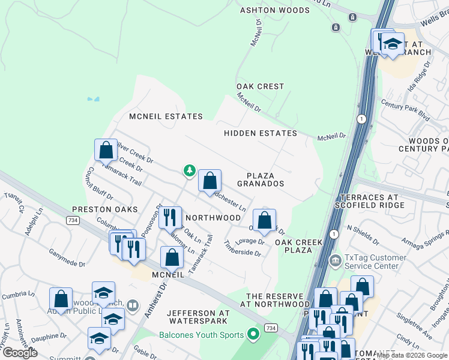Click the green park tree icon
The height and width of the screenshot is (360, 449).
[190, 172]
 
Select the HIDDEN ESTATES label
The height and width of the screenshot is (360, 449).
[261, 133]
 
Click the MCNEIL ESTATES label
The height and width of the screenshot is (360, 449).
[166, 116]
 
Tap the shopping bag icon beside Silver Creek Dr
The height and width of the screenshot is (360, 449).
[106, 151]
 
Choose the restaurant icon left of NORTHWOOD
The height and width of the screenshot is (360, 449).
[172, 218]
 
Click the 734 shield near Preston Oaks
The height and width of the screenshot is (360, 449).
[71, 221]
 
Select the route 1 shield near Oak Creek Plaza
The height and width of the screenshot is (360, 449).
[333, 233]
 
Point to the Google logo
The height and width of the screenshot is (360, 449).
[20, 353]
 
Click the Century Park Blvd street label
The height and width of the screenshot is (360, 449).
[405, 109]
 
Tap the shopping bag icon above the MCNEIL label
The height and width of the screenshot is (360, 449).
[172, 257]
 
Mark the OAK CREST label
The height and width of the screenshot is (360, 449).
[260, 86]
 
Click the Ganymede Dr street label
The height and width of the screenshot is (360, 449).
[67, 258]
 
